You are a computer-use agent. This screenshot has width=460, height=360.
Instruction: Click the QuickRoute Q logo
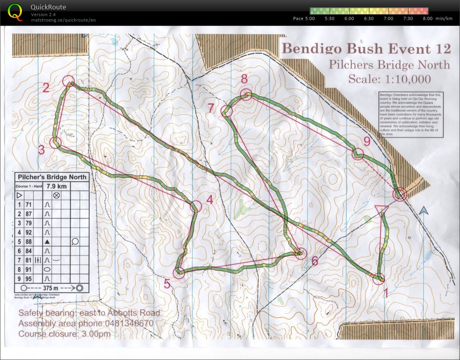15,11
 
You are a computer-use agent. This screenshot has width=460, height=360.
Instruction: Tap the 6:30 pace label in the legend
369,18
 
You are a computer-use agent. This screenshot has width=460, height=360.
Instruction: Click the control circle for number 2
68,81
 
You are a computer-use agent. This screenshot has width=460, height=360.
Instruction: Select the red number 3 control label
41,150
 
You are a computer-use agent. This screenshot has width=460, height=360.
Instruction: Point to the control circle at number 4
196,206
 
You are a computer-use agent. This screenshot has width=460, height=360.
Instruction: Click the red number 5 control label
167,284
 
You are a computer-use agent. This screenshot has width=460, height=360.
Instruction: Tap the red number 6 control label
314,261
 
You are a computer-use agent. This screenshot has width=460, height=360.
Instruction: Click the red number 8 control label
244,79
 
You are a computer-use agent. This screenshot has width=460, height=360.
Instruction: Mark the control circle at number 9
358,154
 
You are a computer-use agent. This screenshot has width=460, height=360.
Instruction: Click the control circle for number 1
379,279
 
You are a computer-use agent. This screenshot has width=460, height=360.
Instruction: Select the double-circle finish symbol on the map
400,194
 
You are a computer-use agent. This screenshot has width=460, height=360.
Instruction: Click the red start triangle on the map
382,209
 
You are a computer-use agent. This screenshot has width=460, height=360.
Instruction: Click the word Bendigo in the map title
306,49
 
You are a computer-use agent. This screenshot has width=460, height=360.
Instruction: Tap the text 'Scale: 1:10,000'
389,79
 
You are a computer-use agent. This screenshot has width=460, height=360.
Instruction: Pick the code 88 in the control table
29,241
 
